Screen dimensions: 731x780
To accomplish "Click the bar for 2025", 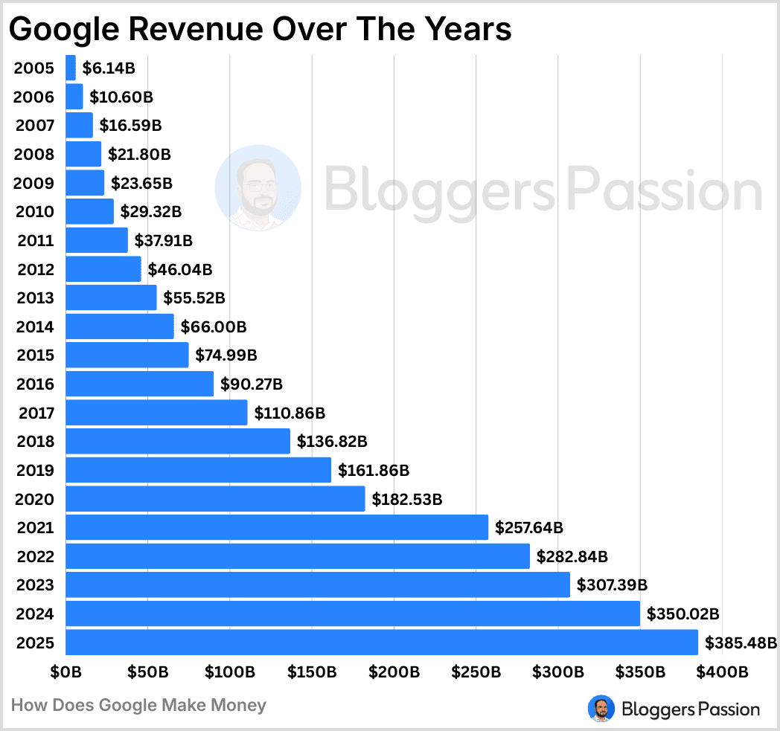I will (382, 642).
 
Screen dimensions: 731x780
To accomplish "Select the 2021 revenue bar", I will (277, 527).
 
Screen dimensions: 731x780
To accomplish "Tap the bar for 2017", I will (156, 413).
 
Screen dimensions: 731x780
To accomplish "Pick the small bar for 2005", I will (71, 68).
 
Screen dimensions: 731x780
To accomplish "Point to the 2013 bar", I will (111, 297).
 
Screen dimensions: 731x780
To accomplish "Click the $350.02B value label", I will (682, 614).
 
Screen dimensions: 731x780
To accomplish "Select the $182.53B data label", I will (407, 499).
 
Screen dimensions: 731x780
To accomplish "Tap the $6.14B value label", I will (109, 68).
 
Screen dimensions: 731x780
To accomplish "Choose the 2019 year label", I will (34, 471).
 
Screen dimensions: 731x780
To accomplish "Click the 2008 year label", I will (34, 155).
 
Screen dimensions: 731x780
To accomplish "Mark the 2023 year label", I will (34, 585).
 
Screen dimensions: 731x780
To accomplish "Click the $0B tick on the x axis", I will (65, 672).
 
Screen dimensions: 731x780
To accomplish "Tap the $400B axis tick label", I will (723, 672).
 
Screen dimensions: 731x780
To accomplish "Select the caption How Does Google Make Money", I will (138, 705).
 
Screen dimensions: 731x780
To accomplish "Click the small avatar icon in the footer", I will (600, 708).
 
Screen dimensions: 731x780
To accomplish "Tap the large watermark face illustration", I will (258, 187).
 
